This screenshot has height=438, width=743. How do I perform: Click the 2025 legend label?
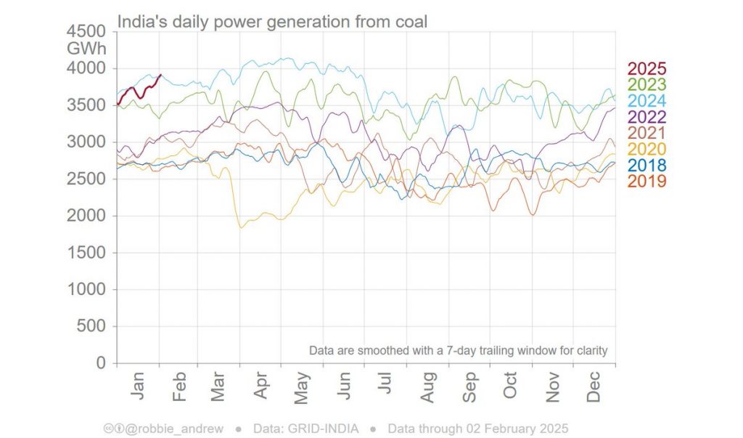click(646, 69)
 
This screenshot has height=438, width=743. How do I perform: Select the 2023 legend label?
click(646, 85)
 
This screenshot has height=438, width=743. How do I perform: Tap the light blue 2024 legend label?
click(646, 101)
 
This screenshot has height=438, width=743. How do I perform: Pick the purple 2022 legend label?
click(646, 117)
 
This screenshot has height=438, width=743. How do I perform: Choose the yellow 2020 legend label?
click(646, 149)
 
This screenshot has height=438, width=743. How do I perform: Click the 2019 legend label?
click(646, 181)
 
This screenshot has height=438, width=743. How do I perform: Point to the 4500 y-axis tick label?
click(86, 32)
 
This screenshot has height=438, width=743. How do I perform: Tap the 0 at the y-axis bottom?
click(102, 363)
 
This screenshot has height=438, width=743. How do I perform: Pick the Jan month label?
click(138, 385)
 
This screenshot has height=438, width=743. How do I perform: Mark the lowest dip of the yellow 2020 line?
click(241, 227)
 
